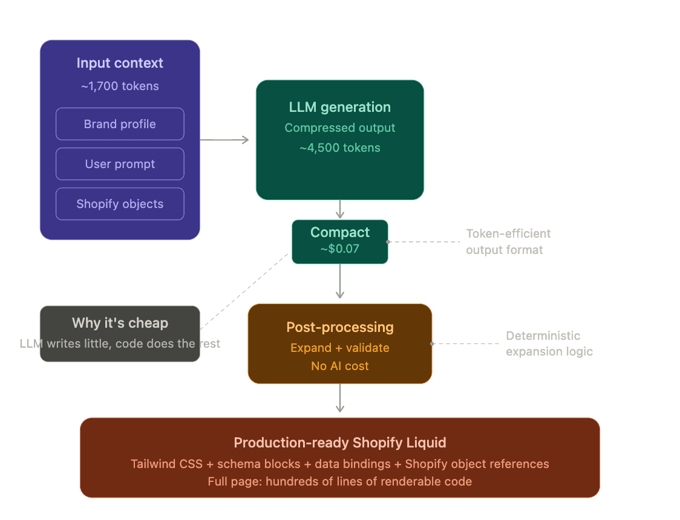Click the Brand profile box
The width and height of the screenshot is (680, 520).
(120, 124)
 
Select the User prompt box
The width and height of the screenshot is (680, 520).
(120, 164)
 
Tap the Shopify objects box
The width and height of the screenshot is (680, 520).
(120, 204)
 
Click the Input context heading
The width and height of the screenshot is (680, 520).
(120, 63)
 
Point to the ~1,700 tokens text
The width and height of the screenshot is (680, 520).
(120, 86)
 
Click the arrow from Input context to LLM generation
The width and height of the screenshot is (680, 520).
(224, 140)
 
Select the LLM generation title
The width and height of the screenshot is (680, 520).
(339, 108)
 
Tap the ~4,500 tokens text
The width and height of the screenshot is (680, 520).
(339, 148)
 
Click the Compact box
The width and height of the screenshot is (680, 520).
(339, 241)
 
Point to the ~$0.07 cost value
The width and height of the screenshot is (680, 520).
(339, 248)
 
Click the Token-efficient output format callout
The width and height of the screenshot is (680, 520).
(508, 241)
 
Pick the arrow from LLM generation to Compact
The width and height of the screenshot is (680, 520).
(340, 209)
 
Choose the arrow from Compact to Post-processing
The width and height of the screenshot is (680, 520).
(340, 282)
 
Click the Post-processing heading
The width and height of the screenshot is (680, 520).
(339, 327)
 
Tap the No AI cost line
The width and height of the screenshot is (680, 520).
(339, 366)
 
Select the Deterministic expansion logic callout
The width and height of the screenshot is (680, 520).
(549, 343)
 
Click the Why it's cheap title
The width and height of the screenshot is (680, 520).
(120, 323)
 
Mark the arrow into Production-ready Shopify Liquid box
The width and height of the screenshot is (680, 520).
(340, 399)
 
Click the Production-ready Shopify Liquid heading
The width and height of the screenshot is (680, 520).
(339, 443)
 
